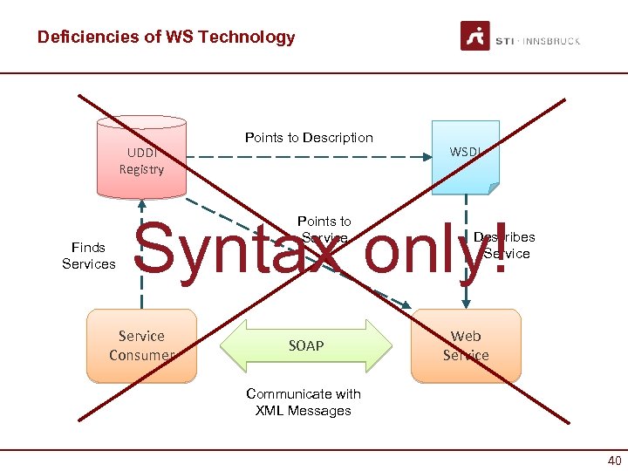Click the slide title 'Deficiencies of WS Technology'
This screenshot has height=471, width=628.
click(x=166, y=38)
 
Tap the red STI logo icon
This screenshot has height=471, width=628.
click(x=475, y=37)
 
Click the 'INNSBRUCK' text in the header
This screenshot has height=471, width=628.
click(x=552, y=40)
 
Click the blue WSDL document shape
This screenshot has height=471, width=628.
click(x=466, y=157)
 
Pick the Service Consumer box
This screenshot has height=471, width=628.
click(x=141, y=345)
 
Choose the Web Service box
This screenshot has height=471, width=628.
click(x=466, y=345)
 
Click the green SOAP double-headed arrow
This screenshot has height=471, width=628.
click(x=305, y=345)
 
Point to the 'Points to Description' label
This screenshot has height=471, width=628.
click(x=309, y=138)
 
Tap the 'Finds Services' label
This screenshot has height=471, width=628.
click(x=89, y=256)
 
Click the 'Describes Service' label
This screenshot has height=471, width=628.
click(x=505, y=245)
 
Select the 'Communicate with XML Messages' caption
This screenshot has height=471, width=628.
click(x=304, y=402)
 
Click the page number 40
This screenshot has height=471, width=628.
click(x=614, y=461)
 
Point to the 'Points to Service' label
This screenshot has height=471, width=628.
click(x=324, y=229)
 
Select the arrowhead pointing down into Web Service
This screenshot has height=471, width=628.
click(x=467, y=304)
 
